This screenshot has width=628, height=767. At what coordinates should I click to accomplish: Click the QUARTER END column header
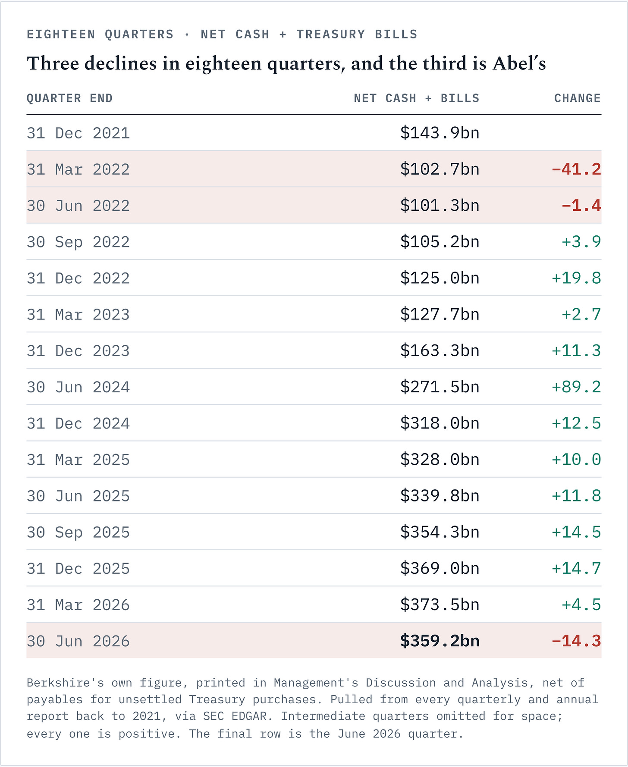69,98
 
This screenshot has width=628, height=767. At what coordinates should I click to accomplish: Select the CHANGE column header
578,98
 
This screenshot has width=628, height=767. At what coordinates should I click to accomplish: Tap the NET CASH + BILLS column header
417,98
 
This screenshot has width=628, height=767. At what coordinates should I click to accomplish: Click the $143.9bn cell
440,133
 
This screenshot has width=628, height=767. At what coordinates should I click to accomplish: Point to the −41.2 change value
576,169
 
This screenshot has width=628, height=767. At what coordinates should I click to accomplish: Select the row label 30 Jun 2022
78,206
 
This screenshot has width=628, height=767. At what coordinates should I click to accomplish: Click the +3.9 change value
581,242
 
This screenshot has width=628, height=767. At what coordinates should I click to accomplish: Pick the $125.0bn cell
440,278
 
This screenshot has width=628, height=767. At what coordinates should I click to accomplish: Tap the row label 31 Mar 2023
78,314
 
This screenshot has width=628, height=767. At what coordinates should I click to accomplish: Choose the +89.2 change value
576,387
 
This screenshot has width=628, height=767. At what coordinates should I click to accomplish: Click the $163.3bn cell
440,351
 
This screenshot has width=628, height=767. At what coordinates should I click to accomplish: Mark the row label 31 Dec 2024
78,423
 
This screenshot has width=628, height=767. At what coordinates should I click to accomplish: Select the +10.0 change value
576,460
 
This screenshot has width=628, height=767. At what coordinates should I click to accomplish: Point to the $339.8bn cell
440,496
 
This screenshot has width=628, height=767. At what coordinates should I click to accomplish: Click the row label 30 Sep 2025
78,532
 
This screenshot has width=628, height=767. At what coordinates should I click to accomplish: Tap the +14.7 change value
576,568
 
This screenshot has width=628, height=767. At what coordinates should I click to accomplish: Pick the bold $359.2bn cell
440,641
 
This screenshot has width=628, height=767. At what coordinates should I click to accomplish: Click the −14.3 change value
576,641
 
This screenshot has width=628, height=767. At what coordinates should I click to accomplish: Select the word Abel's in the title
520,63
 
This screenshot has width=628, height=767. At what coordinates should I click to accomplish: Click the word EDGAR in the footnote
253,717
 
